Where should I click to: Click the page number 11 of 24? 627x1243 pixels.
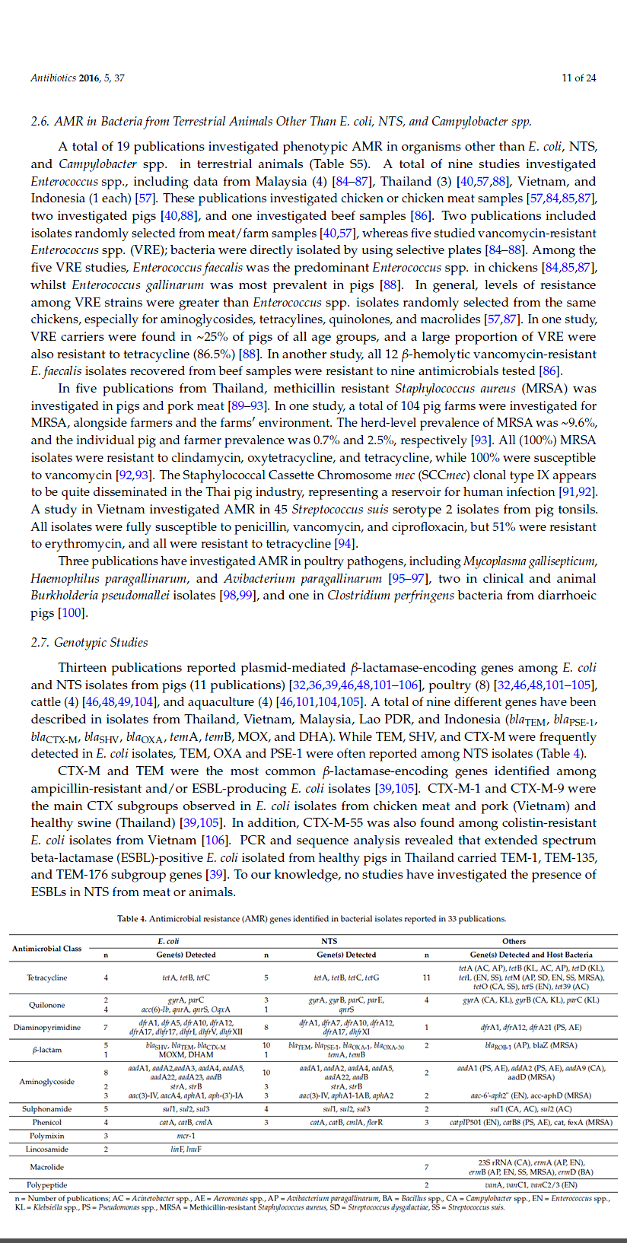578,78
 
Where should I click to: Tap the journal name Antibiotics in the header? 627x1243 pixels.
53,78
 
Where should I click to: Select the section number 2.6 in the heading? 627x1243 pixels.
40,122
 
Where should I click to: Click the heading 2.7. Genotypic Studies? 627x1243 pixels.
89,643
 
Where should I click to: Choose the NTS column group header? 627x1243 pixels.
329,941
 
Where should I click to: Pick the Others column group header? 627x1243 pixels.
514,941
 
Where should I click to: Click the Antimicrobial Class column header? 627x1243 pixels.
47,948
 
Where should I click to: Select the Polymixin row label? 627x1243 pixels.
47,1136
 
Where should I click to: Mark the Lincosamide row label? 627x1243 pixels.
47,1149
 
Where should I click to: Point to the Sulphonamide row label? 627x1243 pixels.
47,1109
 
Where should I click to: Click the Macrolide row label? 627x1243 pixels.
47,1167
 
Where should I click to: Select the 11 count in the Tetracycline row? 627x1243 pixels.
426,978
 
